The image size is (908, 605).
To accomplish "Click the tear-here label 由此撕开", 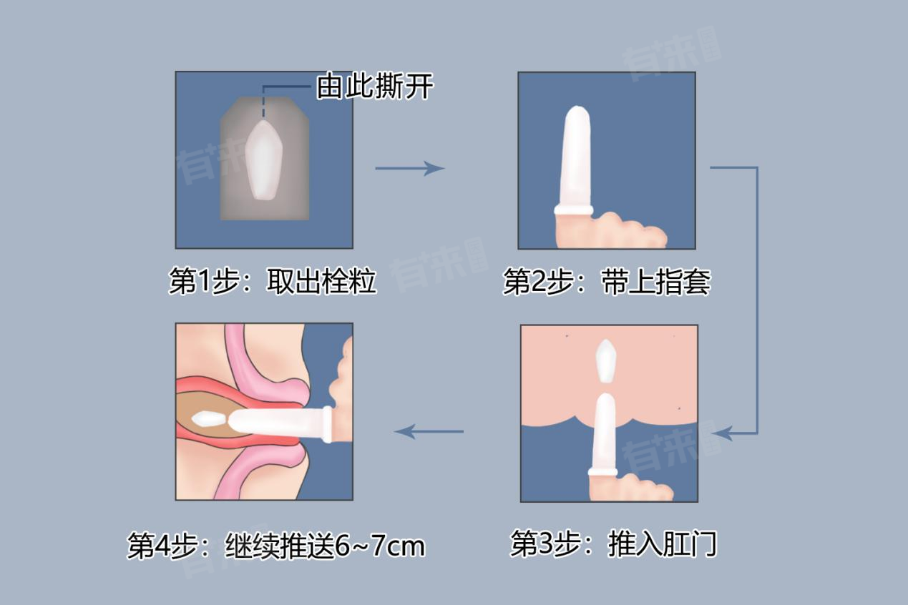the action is [x=374, y=86].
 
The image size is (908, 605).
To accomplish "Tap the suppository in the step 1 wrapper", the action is [x=264, y=160].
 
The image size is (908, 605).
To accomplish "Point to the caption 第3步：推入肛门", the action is [x=614, y=543].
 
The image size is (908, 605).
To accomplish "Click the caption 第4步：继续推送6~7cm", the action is [x=276, y=546].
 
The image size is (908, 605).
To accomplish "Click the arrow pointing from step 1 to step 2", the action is [x=410, y=168].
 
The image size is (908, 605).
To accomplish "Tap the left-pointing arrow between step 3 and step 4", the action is [x=429, y=431].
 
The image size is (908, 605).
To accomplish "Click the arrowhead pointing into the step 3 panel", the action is [x=721, y=433].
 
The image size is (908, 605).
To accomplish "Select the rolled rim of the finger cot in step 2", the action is [x=574, y=210].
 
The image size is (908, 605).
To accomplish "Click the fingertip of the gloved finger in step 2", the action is [x=577, y=112].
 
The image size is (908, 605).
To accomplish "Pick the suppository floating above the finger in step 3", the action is [x=606, y=361].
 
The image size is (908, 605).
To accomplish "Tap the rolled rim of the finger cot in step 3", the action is [x=602, y=472].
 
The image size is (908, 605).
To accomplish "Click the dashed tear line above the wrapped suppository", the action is [x=263, y=103].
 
